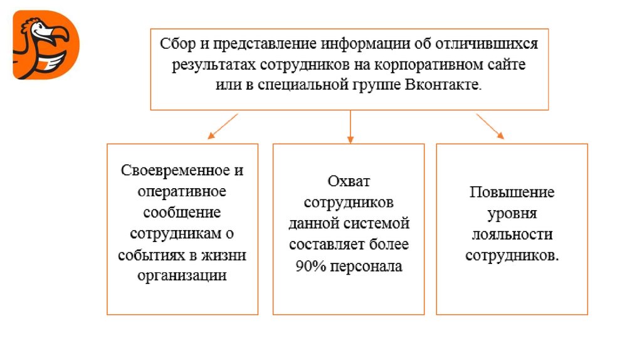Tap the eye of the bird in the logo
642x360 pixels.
point(34,28)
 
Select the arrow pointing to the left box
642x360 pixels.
point(222,125)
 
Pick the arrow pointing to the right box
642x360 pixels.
point(491,125)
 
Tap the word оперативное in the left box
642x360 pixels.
point(182,191)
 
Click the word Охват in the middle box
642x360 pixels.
point(349,181)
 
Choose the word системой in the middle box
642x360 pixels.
point(379,223)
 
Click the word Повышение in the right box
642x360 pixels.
point(512,192)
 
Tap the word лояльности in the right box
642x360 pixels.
point(512,235)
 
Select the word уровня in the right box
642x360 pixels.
point(512,213)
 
